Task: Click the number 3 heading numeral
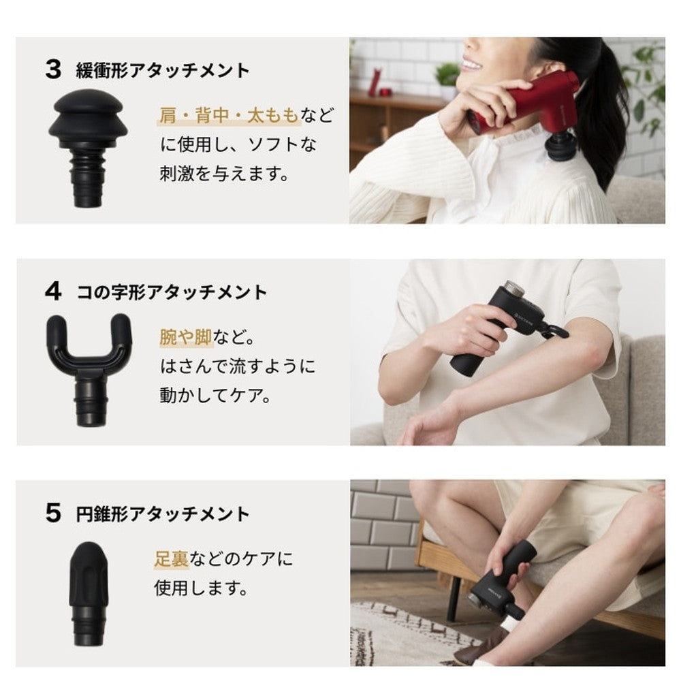(x=53, y=70)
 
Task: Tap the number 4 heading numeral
(x=53, y=291)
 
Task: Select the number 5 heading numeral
(x=53, y=513)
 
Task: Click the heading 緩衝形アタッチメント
(x=163, y=70)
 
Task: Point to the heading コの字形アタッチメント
(x=172, y=292)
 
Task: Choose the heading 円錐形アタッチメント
(x=163, y=514)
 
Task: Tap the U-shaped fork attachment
(x=89, y=364)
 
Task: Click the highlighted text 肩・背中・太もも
(x=229, y=115)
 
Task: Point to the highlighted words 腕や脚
(x=186, y=337)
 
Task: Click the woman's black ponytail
(x=599, y=109)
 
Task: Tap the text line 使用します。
(x=201, y=588)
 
